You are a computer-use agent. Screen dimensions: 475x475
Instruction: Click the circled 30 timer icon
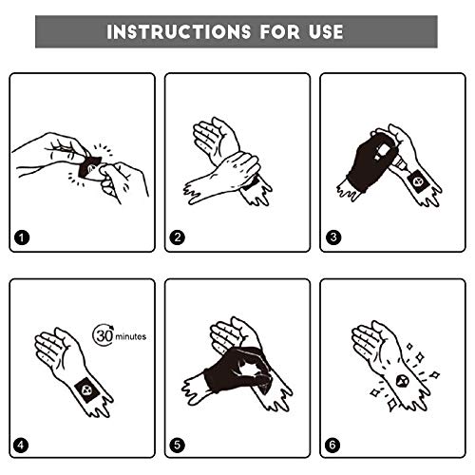104,335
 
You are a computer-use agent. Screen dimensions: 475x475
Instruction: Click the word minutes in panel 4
131,335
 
